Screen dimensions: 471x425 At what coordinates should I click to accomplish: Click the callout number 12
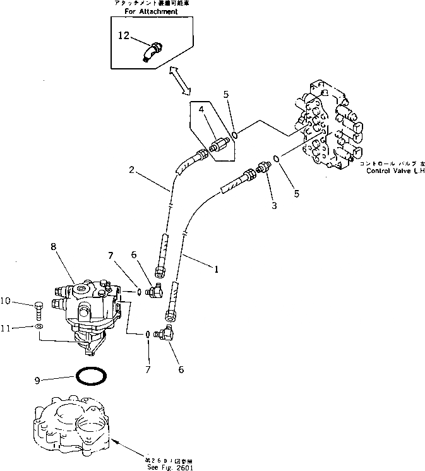click(123, 37)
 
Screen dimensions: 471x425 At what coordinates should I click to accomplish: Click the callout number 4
click(202, 110)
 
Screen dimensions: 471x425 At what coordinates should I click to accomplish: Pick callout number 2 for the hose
click(131, 169)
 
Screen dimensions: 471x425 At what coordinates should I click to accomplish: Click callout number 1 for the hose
click(217, 270)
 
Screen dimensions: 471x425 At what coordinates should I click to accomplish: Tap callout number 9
click(39, 380)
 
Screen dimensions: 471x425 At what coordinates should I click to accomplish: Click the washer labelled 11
click(39, 328)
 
